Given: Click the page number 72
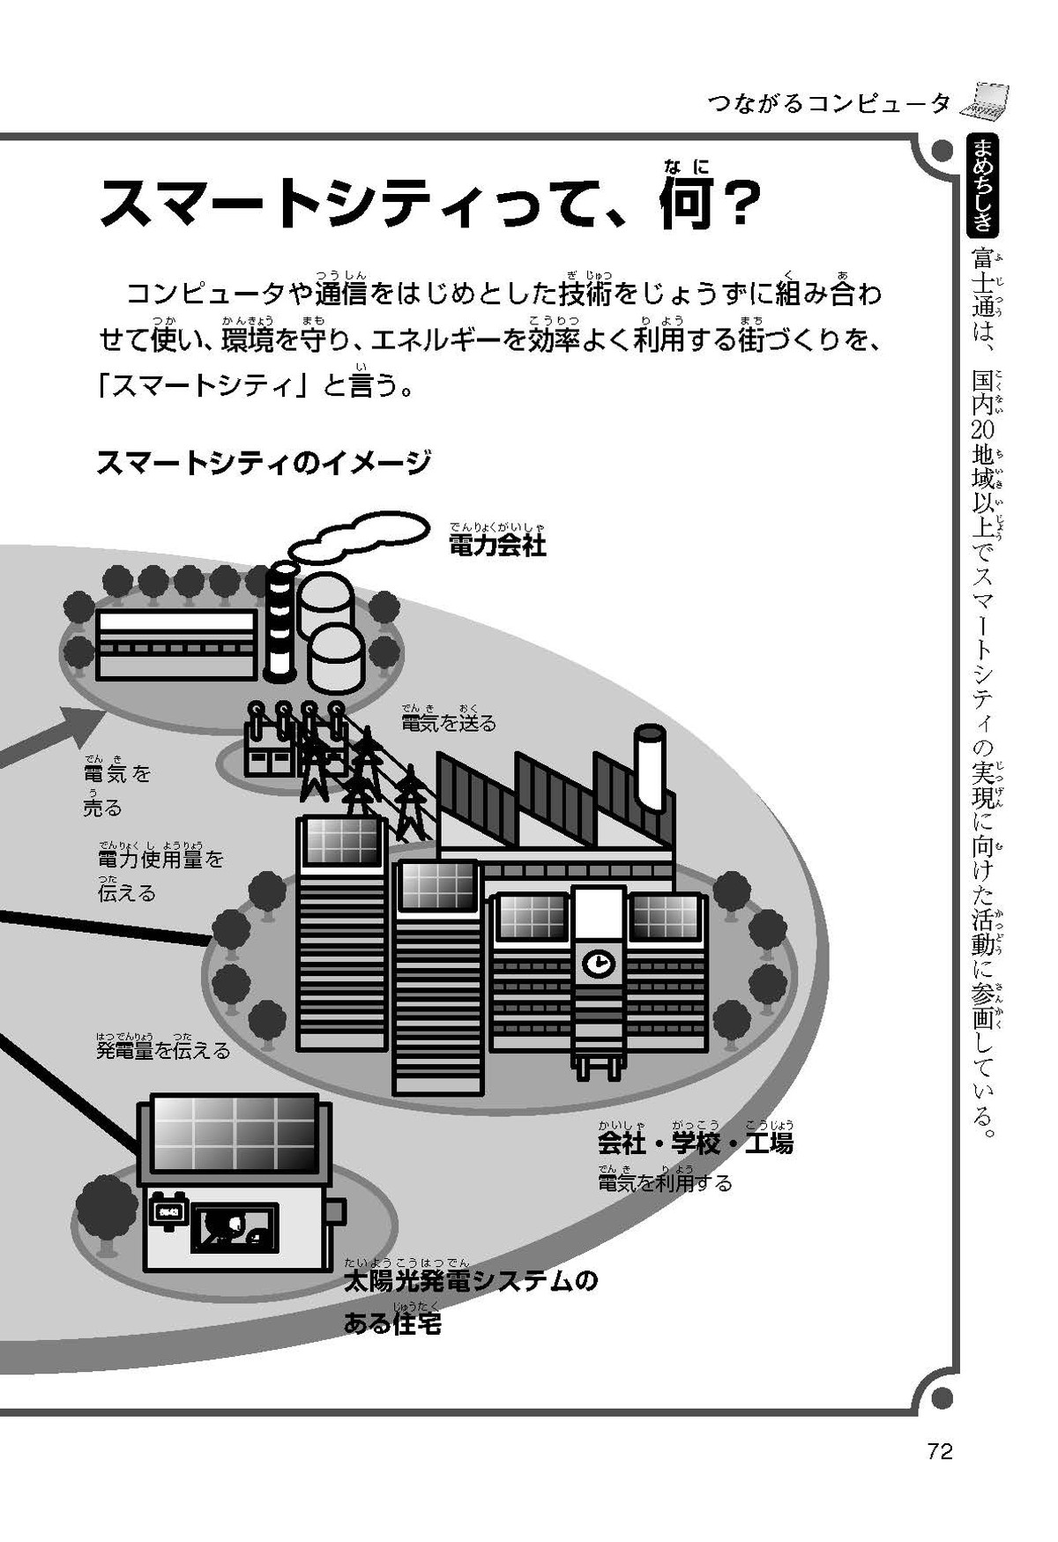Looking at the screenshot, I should [940, 1451].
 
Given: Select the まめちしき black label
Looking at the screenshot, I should [982, 186].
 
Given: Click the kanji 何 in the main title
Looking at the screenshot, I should [689, 203].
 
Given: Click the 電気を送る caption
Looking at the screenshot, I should [449, 724].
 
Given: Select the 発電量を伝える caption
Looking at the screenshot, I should [163, 1050].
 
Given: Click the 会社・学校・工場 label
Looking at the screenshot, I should [696, 1143].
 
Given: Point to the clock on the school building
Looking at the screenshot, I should [598, 963].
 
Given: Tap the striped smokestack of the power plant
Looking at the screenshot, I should [280, 622].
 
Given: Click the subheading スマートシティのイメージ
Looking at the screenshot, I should [264, 462].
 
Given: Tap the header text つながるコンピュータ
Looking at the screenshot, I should [829, 103].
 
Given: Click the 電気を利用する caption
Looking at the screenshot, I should [665, 1182].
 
